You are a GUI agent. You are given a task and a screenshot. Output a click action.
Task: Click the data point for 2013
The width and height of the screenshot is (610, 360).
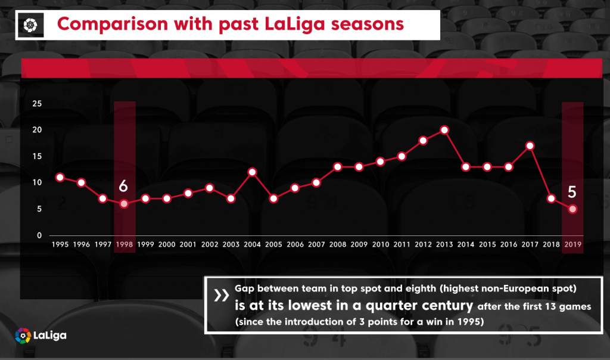pos(444,130)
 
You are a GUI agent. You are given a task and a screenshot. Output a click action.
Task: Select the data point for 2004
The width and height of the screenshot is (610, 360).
pos(252,172)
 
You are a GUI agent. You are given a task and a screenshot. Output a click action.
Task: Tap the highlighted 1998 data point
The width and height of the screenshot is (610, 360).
pos(123,204)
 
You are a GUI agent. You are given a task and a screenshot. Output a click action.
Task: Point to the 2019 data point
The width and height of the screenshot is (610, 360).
pos(572,209)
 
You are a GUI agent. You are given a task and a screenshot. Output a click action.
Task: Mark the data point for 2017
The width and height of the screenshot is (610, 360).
pos(530,145)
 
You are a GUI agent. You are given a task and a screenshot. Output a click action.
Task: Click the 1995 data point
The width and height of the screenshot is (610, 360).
pos(60,177)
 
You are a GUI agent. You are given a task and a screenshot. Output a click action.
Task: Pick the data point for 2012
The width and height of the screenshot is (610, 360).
pos(423,141)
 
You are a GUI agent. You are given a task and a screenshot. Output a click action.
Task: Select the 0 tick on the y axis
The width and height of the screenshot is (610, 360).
pos(39,235)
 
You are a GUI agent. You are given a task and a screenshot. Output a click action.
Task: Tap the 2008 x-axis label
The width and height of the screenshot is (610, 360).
pos(337,244)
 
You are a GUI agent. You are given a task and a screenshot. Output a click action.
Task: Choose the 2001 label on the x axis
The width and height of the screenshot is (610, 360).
pos(188,244)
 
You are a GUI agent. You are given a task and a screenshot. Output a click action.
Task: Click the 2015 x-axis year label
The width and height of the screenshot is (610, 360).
pos(487,244)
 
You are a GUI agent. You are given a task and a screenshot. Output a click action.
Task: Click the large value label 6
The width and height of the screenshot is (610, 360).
pos(123,185)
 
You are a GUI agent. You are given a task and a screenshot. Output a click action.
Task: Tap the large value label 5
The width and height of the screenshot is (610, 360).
pos(572,192)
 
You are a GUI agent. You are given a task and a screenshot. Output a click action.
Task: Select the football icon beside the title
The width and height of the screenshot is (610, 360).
pos(31,24)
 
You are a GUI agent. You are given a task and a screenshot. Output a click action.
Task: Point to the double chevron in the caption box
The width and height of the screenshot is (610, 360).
pos(220,296)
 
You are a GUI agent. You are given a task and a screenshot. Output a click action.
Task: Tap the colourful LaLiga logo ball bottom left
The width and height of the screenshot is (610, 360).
pos(23,335)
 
